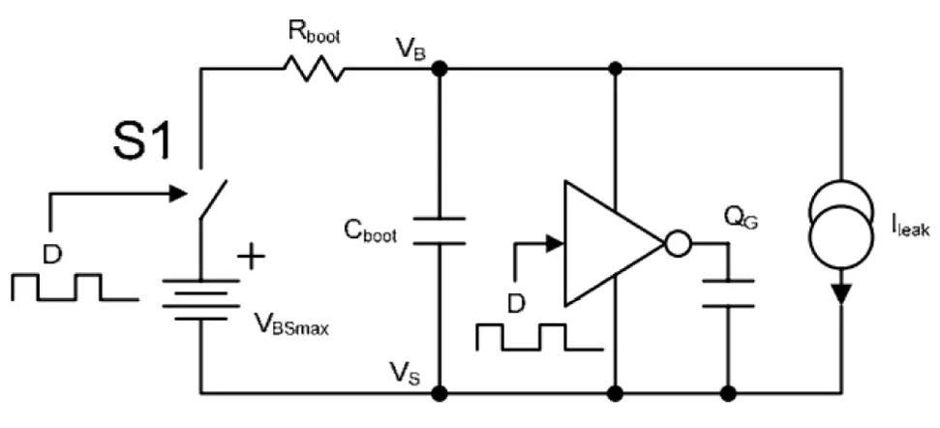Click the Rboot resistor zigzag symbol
click(312, 69)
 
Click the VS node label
click(406, 371)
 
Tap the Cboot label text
click(369, 232)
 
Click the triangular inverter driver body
click(609, 242)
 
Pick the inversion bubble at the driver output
click(679, 242)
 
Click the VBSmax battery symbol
click(200, 299)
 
